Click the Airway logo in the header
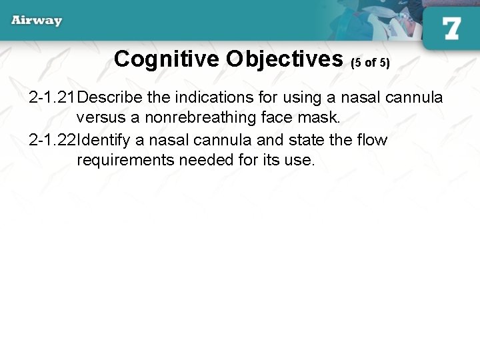tap(37, 20)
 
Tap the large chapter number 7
tap(451, 28)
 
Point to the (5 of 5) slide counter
tap(370, 63)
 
